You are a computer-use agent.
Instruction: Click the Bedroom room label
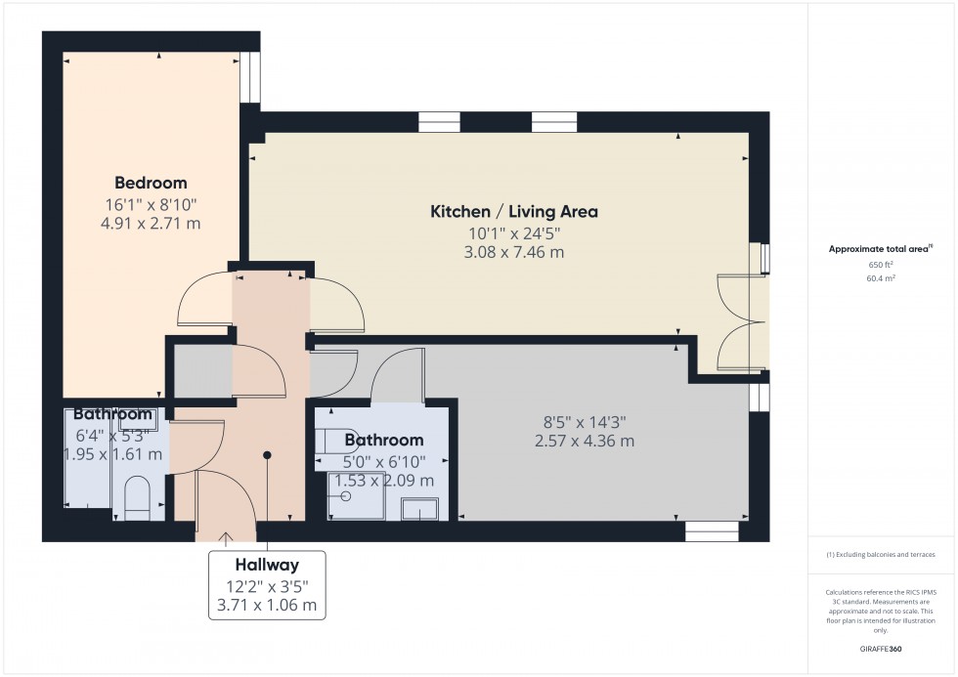pyautogui.click(x=151, y=183)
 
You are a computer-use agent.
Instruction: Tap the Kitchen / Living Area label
pyautogui.click(x=514, y=211)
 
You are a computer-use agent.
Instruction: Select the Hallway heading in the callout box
pyautogui.click(x=266, y=565)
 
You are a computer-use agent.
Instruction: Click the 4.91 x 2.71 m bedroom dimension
pyautogui.click(x=151, y=224)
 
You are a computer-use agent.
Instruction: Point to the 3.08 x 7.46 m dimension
pyautogui.click(x=514, y=253)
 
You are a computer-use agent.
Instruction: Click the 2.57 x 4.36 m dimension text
pyautogui.click(x=584, y=441)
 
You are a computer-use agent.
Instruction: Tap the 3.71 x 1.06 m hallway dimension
pyautogui.click(x=266, y=606)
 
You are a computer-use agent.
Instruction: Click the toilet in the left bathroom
pyautogui.click(x=137, y=494)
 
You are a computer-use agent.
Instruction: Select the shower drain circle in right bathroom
pyautogui.click(x=345, y=496)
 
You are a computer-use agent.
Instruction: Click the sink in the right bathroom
pyautogui.click(x=420, y=508)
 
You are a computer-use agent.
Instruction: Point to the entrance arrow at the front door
pyautogui.click(x=226, y=536)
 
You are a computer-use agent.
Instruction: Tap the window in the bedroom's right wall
pyautogui.click(x=252, y=77)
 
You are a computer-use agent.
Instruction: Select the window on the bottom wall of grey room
pyautogui.click(x=711, y=531)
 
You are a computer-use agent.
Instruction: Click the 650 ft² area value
pyautogui.click(x=881, y=264)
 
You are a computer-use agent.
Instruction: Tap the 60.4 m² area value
pyautogui.click(x=881, y=278)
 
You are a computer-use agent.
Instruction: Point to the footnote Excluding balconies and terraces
pyautogui.click(x=881, y=554)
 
